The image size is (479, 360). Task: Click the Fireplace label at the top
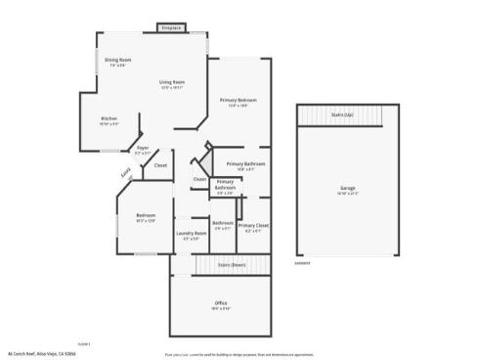pyautogui.click(x=172, y=28)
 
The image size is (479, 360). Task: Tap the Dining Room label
pyautogui.click(x=118, y=61)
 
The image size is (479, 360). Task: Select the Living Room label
pyautogui.click(x=172, y=82)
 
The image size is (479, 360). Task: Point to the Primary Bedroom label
pyautogui.click(x=239, y=101)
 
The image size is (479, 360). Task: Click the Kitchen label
pyautogui.click(x=109, y=119)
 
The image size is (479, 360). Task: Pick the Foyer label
pyautogui.click(x=143, y=148)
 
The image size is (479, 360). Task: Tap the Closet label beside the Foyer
pyautogui.click(x=160, y=165)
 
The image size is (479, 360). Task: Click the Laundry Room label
pyautogui.click(x=191, y=233)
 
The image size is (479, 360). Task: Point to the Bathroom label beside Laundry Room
pyautogui.click(x=223, y=223)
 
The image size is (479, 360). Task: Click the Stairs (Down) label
pyautogui.click(x=231, y=265)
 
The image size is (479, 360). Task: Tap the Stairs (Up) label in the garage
pyautogui.click(x=342, y=114)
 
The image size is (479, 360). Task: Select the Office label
pyautogui.click(x=221, y=303)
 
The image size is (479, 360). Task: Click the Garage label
pyautogui.click(x=347, y=187)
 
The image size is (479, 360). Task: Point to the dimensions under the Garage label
pyautogui.click(x=347, y=193)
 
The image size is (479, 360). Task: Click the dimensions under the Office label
pyautogui.click(x=221, y=309)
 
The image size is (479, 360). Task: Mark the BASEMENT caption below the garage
pyautogui.click(x=303, y=263)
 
